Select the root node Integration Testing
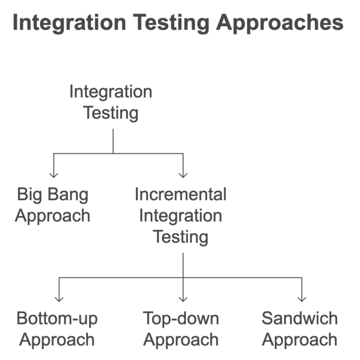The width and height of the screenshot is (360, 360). [111, 102]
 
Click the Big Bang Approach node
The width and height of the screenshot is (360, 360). [52, 205]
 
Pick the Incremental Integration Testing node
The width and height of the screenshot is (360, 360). [181, 215]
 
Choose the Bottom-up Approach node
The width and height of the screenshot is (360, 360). [57, 329]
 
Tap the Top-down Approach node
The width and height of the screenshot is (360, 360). [181, 329]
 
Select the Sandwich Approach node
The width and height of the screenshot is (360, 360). [300, 329]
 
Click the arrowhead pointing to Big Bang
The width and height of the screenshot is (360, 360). [53, 175]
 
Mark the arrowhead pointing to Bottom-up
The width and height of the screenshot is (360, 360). [59, 298]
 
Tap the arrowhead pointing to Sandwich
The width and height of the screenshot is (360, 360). [302, 298]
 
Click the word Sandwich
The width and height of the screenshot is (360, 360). [300, 318]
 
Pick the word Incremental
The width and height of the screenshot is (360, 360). [181, 194]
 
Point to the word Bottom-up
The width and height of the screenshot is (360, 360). [57, 318]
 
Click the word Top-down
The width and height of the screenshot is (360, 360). [181, 318]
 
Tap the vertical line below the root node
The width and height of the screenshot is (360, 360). [113, 140]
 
